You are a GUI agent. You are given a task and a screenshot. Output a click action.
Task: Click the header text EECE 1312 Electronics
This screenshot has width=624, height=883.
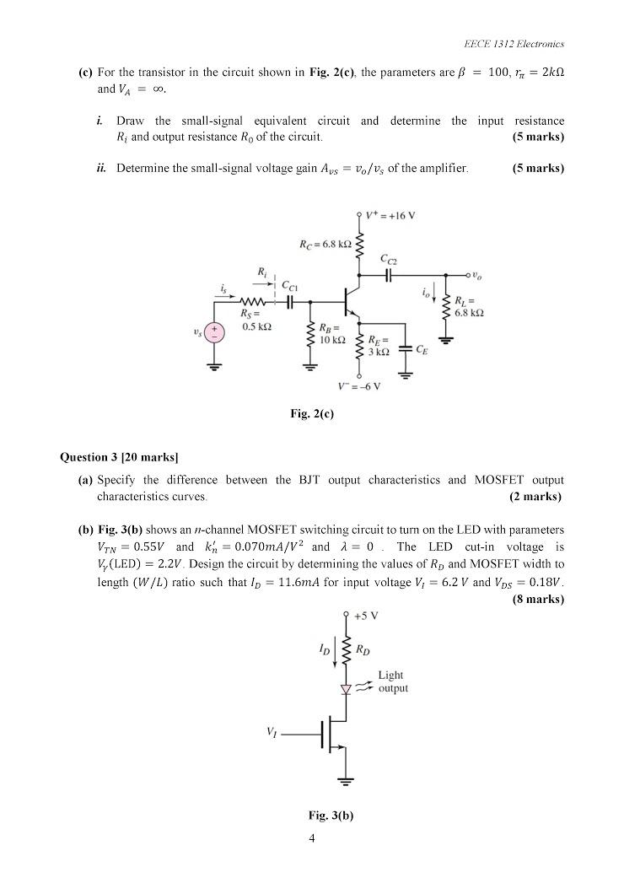(514, 44)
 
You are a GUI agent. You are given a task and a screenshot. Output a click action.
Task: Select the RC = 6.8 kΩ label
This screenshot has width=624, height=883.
(324, 245)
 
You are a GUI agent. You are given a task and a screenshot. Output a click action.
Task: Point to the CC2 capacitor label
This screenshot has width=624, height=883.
(390, 258)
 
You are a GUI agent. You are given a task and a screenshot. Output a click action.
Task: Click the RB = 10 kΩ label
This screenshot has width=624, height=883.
(330, 333)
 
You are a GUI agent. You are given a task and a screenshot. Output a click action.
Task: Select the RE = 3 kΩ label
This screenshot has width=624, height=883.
(378, 346)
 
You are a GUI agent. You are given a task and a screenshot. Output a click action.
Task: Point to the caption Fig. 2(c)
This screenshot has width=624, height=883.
(312, 413)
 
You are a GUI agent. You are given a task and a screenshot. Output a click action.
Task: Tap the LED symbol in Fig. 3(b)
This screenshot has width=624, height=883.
(345, 689)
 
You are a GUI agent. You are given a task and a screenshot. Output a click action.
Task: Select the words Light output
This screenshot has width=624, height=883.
(391, 681)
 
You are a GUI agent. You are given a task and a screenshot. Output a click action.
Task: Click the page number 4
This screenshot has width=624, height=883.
(312, 838)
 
